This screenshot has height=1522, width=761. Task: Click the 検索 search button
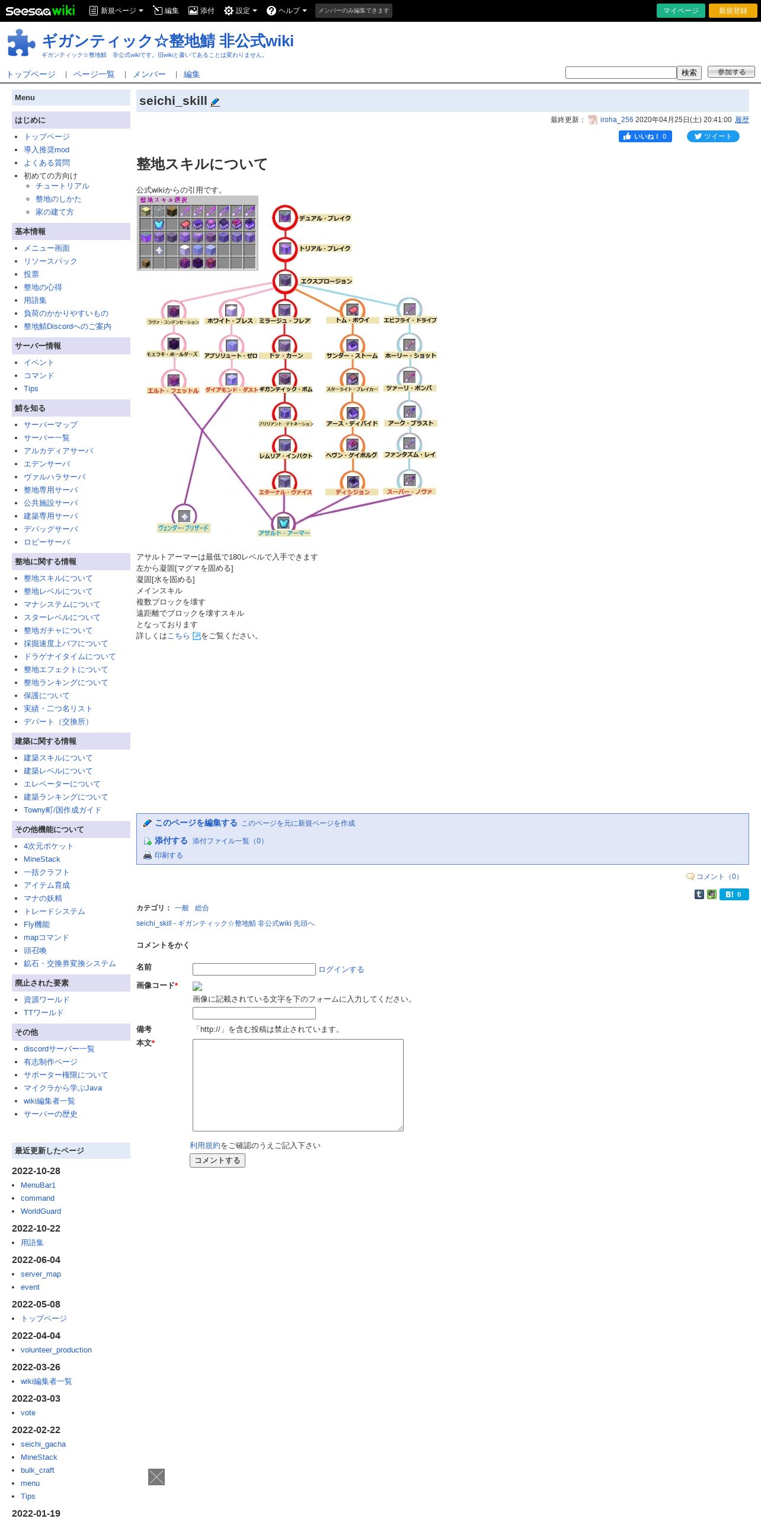point(689,72)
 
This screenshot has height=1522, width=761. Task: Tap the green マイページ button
point(680,11)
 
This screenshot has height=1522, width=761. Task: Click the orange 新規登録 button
point(733,11)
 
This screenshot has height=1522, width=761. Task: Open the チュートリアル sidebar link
point(62,186)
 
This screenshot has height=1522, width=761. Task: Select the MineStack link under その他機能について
point(41,859)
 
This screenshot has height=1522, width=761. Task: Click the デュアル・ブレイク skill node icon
point(285,218)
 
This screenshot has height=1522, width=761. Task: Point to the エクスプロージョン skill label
point(326,281)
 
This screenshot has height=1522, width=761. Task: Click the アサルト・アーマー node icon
point(283,522)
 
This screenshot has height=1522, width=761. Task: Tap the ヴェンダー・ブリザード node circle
point(184,516)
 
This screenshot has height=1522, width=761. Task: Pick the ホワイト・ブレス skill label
point(230,321)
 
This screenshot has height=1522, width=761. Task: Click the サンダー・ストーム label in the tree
point(351,356)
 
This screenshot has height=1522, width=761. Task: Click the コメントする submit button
point(218,1160)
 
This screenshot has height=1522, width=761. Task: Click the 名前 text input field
point(254,970)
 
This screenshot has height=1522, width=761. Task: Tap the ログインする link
point(341,970)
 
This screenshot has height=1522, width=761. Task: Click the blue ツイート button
point(712,136)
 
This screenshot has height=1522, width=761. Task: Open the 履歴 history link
point(741,120)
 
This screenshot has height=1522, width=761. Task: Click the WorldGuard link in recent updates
point(41,1211)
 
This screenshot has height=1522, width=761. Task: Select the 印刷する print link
point(168,856)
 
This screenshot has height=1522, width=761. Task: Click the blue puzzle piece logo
point(21,43)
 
